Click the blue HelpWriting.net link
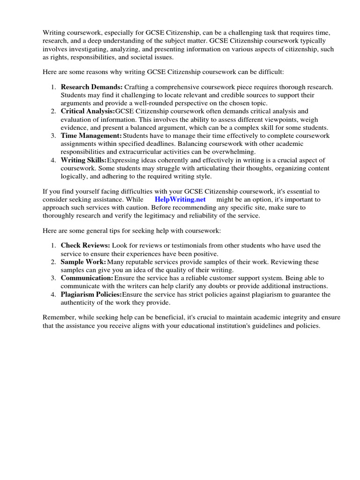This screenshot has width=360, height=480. tap(180, 199)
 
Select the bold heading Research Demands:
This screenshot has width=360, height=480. tap(91, 87)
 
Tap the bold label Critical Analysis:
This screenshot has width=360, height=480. tap(88, 112)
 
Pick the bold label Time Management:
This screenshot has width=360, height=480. tap(91, 136)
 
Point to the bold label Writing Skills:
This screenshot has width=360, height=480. tap(84, 160)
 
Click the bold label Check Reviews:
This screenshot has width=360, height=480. tap(85, 246)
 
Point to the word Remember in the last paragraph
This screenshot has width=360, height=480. tap(58, 317)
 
